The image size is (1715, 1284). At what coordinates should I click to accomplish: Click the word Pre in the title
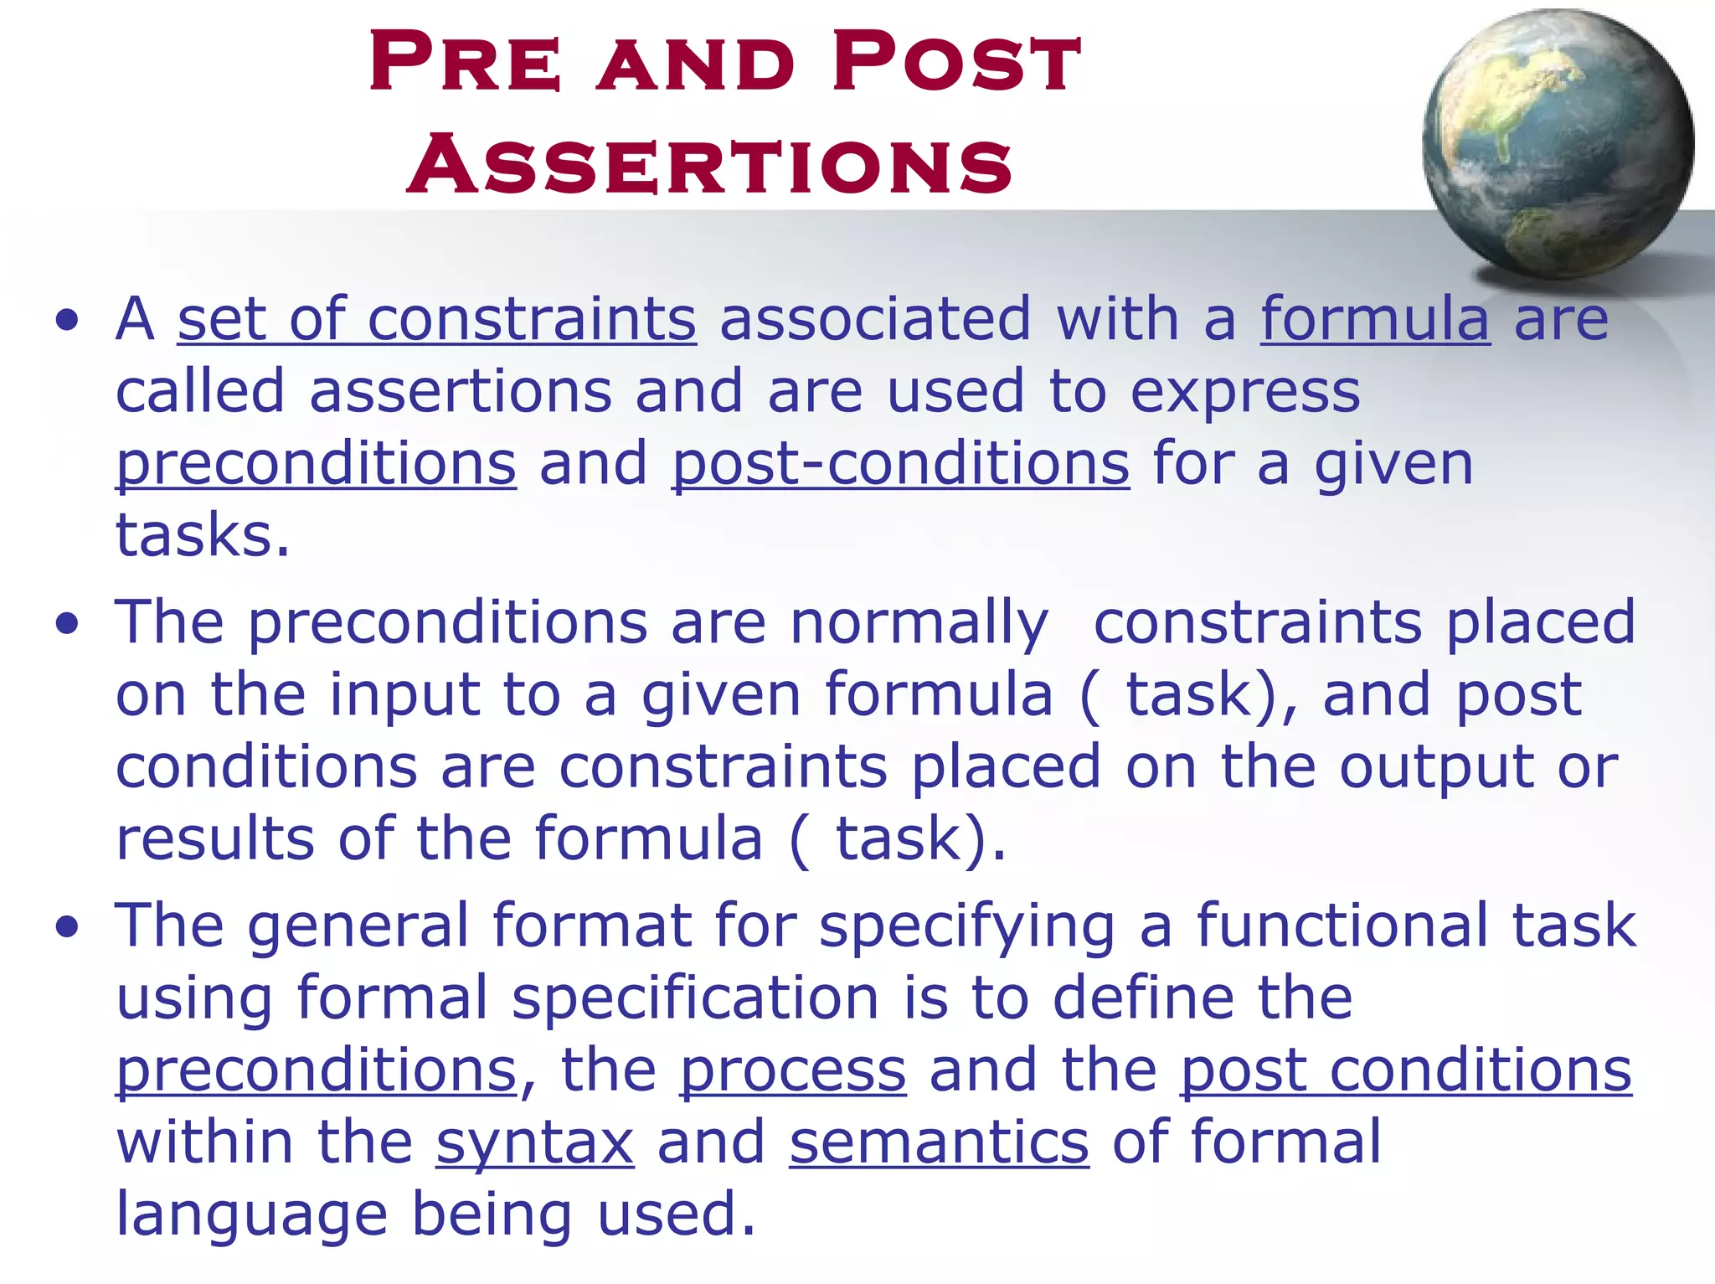[465, 63]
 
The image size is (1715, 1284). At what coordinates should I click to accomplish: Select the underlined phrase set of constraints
[436, 320]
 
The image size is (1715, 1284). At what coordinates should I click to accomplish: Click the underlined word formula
[1375, 320]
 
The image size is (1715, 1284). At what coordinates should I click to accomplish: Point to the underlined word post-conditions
[900, 465]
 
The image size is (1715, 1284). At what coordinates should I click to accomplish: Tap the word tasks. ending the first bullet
[203, 536]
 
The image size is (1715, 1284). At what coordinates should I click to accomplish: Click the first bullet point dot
[67, 320]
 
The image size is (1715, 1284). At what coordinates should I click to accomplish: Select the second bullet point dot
[67, 623]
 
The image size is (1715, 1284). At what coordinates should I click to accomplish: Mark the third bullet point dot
[67, 926]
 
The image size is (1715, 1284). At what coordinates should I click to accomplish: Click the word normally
[919, 625]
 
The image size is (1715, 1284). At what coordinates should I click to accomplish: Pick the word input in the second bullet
[404, 695]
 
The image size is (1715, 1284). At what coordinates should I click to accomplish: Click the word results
[215, 839]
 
